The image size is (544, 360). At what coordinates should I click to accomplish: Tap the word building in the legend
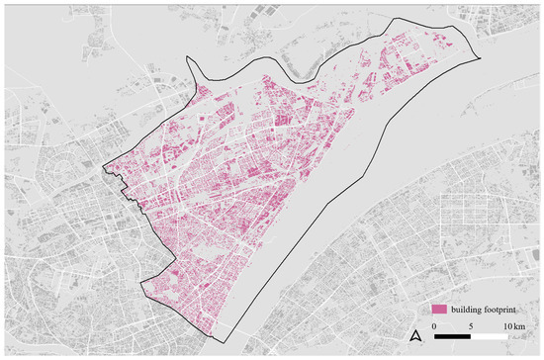(x=468, y=310)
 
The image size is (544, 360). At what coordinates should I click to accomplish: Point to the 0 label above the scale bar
(x=434, y=325)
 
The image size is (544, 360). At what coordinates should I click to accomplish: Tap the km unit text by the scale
(x=517, y=325)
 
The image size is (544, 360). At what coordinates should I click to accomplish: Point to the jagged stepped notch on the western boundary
(x=120, y=179)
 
